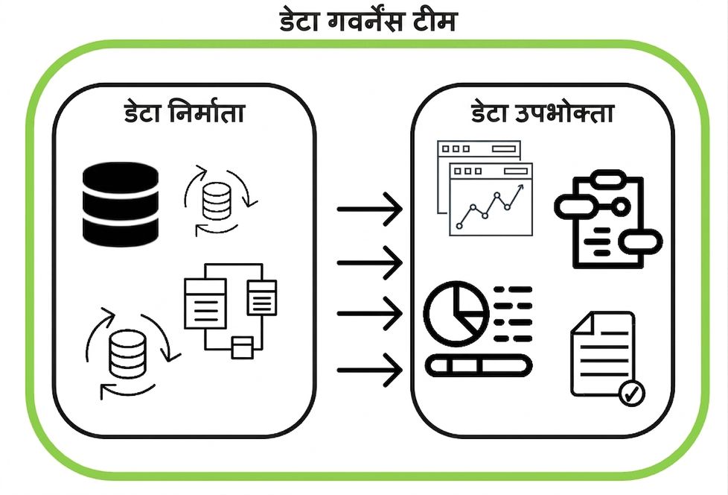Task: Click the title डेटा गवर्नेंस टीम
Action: [368, 22]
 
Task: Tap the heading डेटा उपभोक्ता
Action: [543, 113]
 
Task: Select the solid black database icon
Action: [121, 204]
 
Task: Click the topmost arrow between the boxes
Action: [369, 209]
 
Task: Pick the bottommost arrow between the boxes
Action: [369, 370]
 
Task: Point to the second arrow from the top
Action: [369, 262]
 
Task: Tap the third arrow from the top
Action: [369, 314]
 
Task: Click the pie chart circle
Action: [456, 313]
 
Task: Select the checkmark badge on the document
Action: [632, 393]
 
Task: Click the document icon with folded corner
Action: [603, 354]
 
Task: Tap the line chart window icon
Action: [485, 188]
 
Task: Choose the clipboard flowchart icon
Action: [608, 219]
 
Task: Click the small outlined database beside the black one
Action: [217, 201]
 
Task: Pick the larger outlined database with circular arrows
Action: [127, 353]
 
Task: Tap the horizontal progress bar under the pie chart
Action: [479, 365]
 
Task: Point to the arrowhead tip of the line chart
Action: [523, 185]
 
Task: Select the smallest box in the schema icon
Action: [243, 348]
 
